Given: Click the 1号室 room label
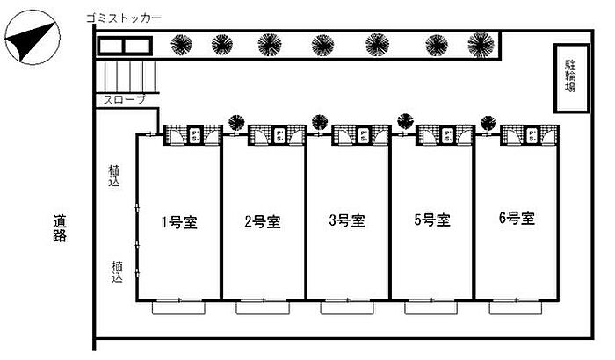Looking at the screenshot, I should (x=177, y=221).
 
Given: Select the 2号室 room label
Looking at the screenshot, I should (x=262, y=221).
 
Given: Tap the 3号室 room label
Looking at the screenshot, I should (x=346, y=221).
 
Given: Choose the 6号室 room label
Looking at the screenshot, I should (x=516, y=219).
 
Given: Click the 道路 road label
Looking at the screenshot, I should (x=60, y=230).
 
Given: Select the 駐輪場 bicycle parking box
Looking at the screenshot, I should (x=570, y=78).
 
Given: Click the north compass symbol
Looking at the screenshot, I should (x=33, y=40).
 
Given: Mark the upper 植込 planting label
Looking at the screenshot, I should (x=114, y=176).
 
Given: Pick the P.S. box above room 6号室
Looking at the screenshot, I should (x=533, y=134).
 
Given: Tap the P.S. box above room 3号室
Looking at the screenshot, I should (x=364, y=134).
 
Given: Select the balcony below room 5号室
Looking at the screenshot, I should (x=430, y=307).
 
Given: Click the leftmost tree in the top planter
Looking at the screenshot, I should (x=183, y=44).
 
